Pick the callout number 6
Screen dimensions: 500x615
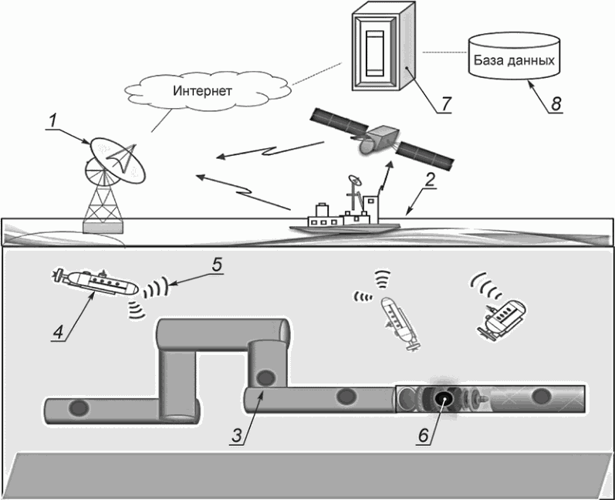click(422, 434)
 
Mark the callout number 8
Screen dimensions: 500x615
click(553, 102)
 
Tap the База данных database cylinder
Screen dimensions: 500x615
click(513, 59)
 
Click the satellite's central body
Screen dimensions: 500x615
click(378, 140)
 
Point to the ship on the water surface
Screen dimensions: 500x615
click(347, 216)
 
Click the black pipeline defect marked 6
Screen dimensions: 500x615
click(444, 399)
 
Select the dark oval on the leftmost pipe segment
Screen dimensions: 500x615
click(77, 407)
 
